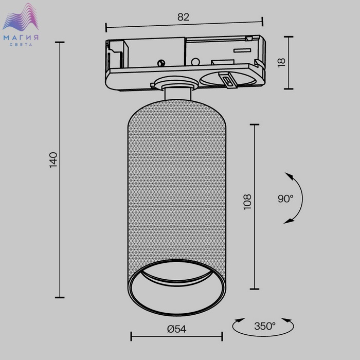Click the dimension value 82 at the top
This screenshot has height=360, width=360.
183,17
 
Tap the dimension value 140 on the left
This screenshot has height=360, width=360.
53,160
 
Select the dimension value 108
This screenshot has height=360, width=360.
247,202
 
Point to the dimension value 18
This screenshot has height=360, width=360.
281,63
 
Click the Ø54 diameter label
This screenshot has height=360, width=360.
176,329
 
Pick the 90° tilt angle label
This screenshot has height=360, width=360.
285,199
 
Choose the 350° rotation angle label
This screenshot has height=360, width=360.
265,326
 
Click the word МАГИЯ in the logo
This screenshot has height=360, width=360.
21,38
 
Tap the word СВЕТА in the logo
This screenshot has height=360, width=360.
21,45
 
